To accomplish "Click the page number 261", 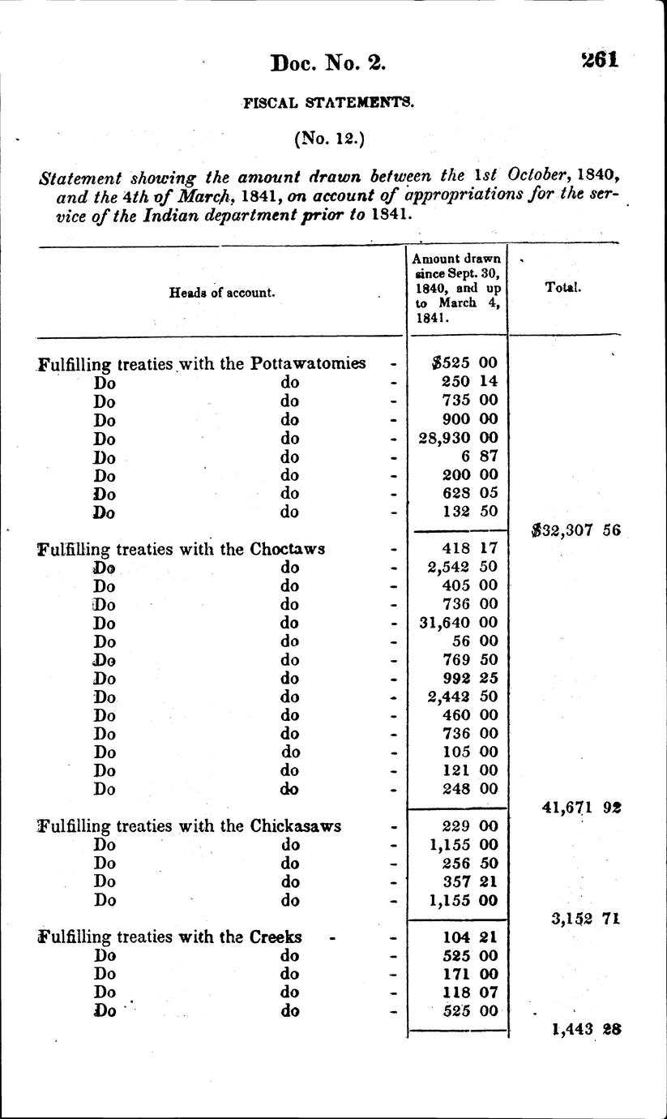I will click(600, 60).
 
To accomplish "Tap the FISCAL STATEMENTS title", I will click(328, 103).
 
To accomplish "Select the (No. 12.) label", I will click(329, 139).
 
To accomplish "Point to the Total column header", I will click(563, 287).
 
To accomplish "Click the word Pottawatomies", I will click(308, 363).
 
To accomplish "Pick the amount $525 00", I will click(465, 363).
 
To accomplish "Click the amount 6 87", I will click(477, 457).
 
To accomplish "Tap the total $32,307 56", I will click(575, 530).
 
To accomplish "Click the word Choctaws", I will click(288, 549).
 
